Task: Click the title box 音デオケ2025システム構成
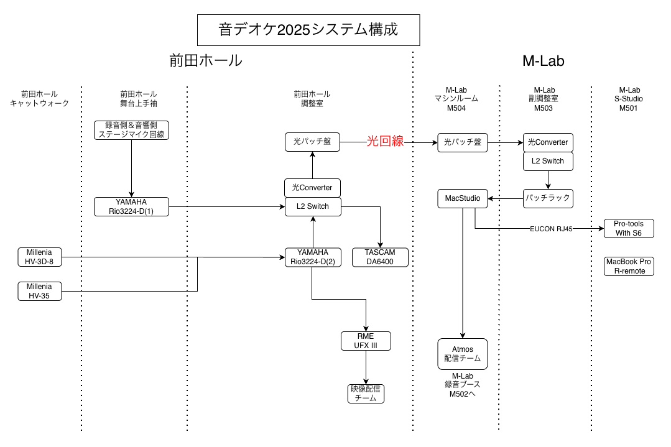[308, 29]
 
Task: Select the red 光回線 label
[385, 142]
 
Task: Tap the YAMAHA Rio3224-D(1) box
[132, 206]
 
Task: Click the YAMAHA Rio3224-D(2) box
[312, 257]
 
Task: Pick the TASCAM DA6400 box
[381, 257]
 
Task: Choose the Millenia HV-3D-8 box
[40, 257]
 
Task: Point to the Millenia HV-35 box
[40, 291]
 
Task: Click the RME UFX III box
[366, 341]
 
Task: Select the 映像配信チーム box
[366, 394]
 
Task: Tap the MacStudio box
[463, 199]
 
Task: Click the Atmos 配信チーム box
[463, 354]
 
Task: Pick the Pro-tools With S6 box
[629, 228]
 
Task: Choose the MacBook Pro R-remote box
[629, 266]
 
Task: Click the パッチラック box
[547, 199]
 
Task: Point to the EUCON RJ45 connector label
[552, 228]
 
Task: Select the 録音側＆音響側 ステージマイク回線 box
[131, 129]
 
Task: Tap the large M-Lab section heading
[543, 61]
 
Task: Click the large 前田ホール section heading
[205, 61]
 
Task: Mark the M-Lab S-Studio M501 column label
[631, 99]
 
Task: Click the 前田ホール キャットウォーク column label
[39, 99]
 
